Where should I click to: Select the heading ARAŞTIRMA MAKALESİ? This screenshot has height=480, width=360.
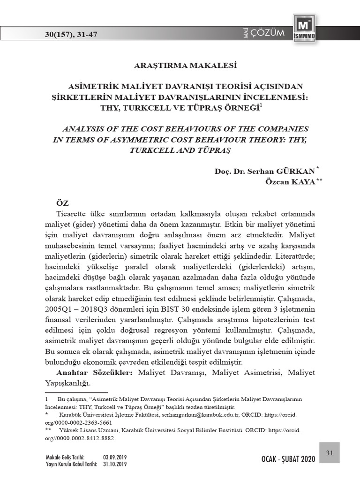[180, 65]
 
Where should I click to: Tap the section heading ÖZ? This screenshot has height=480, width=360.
[62, 203]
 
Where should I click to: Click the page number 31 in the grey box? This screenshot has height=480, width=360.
[329, 452]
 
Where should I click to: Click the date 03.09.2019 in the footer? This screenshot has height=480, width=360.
[115, 457]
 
